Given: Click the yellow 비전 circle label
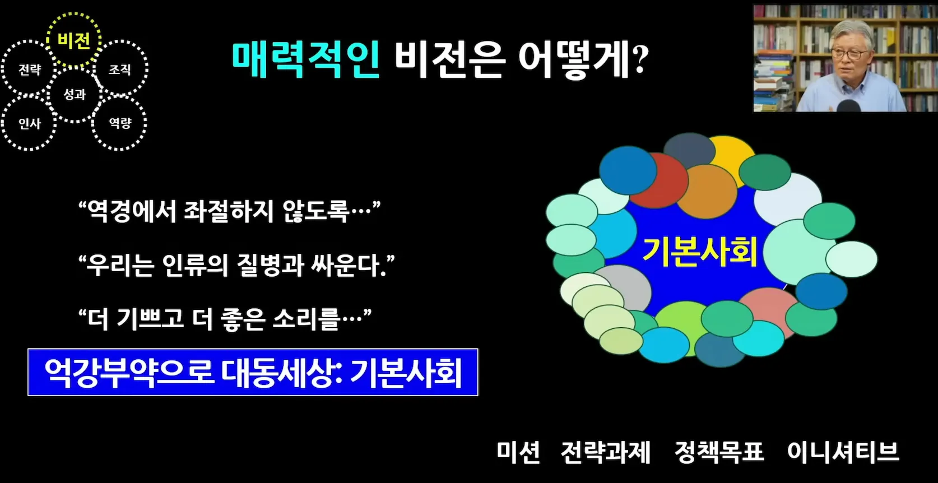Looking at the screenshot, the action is [74, 41].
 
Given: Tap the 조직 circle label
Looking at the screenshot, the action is [120, 69].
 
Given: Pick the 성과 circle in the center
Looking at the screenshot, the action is [75, 94].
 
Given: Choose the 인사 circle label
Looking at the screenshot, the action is [30, 124].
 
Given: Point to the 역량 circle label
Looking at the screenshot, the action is [120, 123].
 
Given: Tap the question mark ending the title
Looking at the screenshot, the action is [639, 59].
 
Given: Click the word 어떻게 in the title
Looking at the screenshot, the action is [574, 59].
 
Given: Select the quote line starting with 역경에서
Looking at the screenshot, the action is [230, 212].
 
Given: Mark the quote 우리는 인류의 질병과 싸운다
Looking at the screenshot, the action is [236, 265].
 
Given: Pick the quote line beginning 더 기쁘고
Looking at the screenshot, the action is [225, 319].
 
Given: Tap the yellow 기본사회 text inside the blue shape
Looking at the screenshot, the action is [700, 252].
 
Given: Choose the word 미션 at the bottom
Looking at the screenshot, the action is [518, 452].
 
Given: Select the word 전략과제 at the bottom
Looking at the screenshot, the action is [606, 452].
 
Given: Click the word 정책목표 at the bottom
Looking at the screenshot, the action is [719, 452].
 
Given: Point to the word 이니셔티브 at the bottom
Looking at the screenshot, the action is [843, 452].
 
